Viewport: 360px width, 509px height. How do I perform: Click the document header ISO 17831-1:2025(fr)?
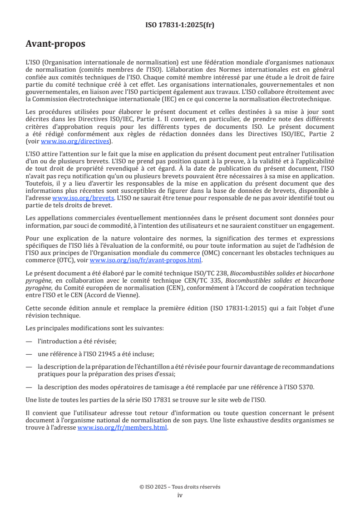click(x=180, y=25)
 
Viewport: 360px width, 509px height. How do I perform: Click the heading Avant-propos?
click(x=55, y=44)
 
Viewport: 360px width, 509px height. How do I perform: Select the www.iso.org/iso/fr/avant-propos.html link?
click(x=146, y=260)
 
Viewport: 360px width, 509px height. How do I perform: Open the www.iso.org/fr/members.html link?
click(x=123, y=427)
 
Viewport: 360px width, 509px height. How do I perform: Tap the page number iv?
click(x=180, y=495)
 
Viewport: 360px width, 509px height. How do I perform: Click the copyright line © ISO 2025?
click(x=180, y=487)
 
